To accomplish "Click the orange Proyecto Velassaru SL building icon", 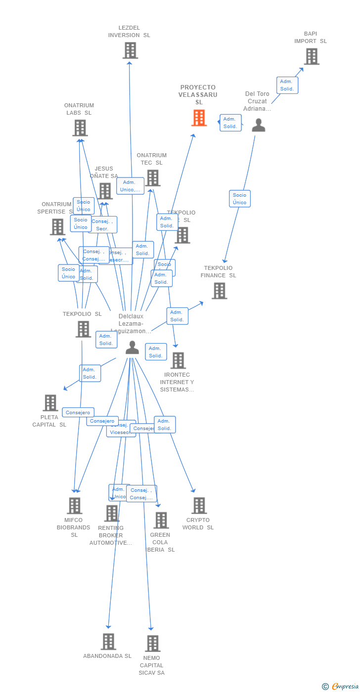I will [199, 118].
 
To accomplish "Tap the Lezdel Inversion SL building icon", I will [130, 50].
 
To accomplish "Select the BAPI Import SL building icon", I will [311, 56].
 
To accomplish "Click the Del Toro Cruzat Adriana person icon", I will [258, 126].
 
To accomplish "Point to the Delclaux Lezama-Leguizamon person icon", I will [132, 348].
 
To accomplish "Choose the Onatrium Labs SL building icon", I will [80, 128].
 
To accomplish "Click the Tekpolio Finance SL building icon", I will [219, 291].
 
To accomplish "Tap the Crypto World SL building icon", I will [199, 506].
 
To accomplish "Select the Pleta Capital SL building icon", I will [50, 403].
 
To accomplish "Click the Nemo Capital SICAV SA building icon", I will [152, 644].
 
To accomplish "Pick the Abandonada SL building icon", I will [108, 642].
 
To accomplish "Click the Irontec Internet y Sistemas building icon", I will [178, 361].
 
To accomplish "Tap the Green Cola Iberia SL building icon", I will [161, 520].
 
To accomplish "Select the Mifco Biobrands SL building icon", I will [75, 506].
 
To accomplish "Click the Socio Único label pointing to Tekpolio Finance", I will [239, 199].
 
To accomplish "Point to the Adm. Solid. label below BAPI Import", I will [287, 85].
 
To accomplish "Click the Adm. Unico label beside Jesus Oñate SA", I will [130, 186].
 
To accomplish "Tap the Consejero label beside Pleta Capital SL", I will [78, 412].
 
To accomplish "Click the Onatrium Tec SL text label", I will [152, 159].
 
